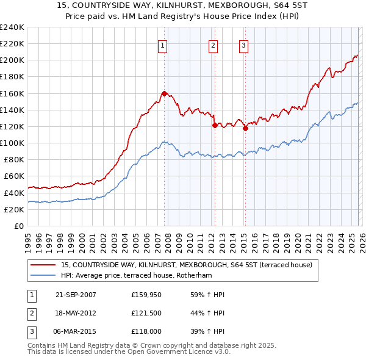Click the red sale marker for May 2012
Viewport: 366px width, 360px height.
click(215, 125)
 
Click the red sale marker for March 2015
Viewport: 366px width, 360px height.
click(245, 128)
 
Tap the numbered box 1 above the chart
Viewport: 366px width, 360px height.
click(163, 45)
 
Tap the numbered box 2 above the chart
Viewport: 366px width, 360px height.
click(213, 45)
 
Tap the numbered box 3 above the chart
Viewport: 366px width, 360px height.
click(243, 45)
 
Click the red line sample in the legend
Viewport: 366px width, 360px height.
click(44, 265)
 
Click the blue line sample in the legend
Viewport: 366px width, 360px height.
click(44, 275)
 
